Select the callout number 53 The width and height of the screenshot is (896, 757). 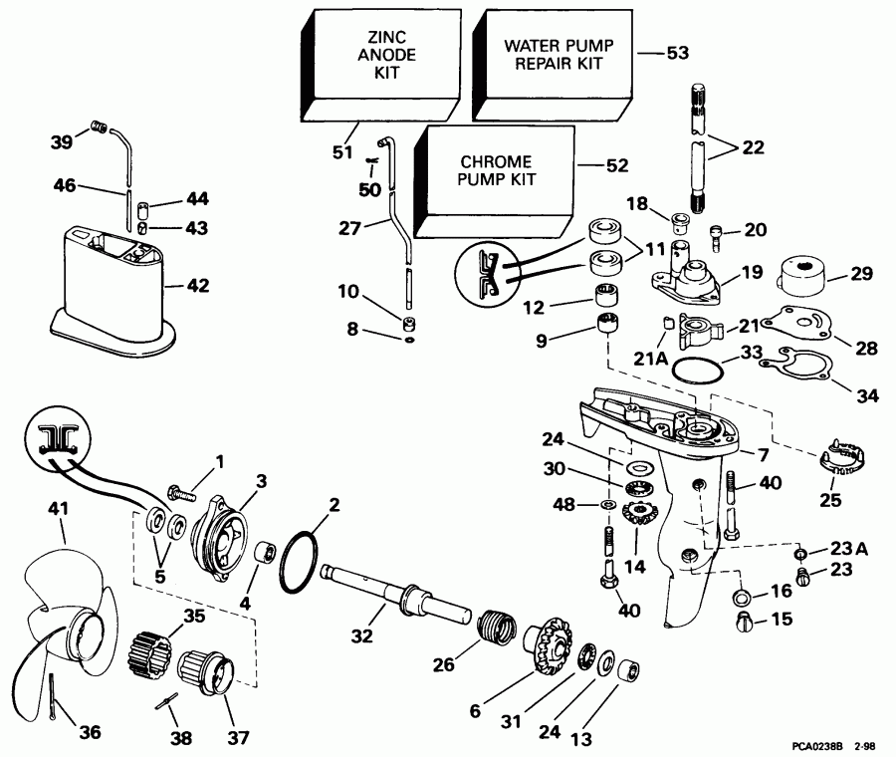pyautogui.click(x=677, y=52)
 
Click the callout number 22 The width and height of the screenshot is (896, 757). pyautogui.click(x=755, y=148)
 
